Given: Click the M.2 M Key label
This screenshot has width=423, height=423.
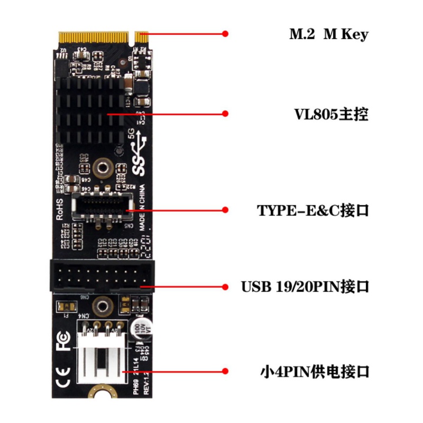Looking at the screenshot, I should pyautogui.click(x=328, y=35).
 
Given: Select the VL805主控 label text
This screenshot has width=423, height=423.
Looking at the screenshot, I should pyautogui.click(x=331, y=114).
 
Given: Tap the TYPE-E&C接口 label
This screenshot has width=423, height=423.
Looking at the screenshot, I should pyautogui.click(x=312, y=210).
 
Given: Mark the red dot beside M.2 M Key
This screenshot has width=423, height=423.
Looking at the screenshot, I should pyautogui.click(x=225, y=33).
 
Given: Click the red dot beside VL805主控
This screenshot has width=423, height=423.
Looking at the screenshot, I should pyautogui.click(x=225, y=113).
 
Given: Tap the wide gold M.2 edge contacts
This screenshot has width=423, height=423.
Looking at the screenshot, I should pyautogui.click(x=93, y=38).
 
